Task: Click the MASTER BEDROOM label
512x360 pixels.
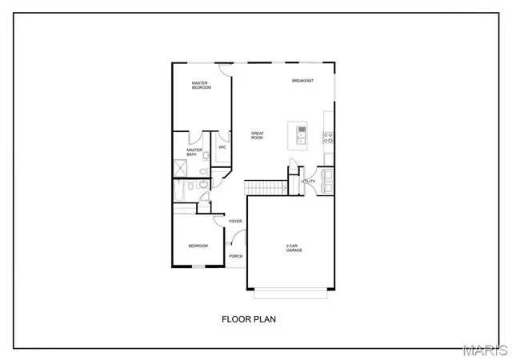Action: [x=201, y=85]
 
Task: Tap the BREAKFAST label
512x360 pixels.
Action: [x=302, y=81]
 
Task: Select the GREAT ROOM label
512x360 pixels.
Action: [x=257, y=135]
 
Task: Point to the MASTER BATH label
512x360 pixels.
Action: [x=194, y=151]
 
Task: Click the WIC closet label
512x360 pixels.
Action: [x=222, y=147]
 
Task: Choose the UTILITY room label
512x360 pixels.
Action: [x=308, y=181]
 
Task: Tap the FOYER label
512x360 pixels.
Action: [x=235, y=221]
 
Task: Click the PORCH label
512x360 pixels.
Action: [x=235, y=256]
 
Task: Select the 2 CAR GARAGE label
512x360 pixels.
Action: [x=294, y=248]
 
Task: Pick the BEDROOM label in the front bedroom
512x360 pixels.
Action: [x=198, y=246]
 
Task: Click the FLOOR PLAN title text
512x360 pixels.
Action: [x=249, y=318]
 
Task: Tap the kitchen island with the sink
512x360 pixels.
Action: [x=302, y=136]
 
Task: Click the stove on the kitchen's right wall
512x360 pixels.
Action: [x=328, y=136]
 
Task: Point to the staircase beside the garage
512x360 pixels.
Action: [x=266, y=187]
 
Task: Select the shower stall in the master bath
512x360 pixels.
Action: [x=180, y=169]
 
